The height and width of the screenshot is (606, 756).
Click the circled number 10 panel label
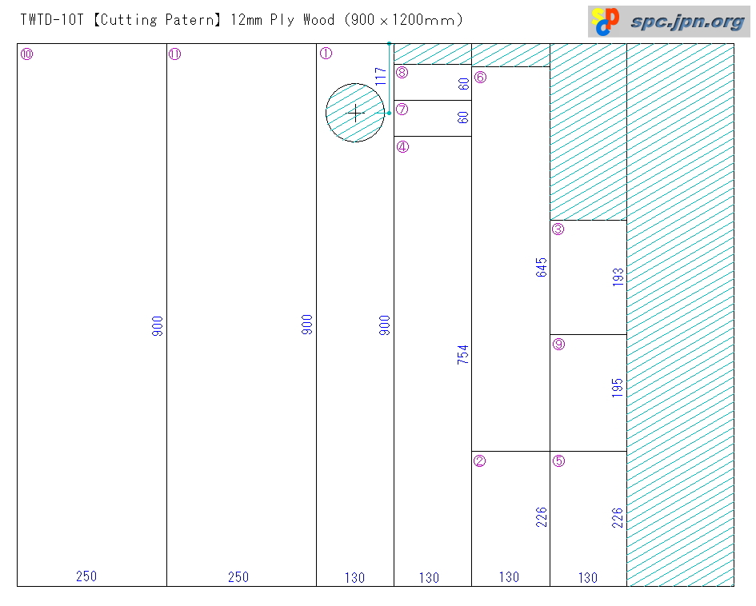coord(26,54)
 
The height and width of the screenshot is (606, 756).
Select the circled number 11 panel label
coord(175,54)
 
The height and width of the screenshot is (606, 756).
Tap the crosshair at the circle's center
coord(356,114)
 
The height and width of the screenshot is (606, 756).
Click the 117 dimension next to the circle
coord(381,76)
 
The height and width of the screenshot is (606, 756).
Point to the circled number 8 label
coord(402,73)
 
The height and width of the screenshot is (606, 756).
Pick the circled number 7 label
coord(402,110)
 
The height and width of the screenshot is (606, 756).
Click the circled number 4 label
coord(402,146)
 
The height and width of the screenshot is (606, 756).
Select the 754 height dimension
coord(462,355)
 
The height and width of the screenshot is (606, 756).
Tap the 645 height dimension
coord(542,267)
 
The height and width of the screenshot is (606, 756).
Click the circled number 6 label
coord(480,78)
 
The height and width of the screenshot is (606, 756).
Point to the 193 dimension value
coord(618,277)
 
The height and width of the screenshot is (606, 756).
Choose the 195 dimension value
coord(618,388)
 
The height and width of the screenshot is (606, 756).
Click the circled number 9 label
coord(558,345)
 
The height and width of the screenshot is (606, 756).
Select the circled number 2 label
coord(480,460)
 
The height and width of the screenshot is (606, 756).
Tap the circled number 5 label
coord(558,460)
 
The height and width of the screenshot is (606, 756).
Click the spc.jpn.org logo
coord(669,22)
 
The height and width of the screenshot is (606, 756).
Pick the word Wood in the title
coord(318,20)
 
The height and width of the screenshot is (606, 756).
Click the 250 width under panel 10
coord(86,576)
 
